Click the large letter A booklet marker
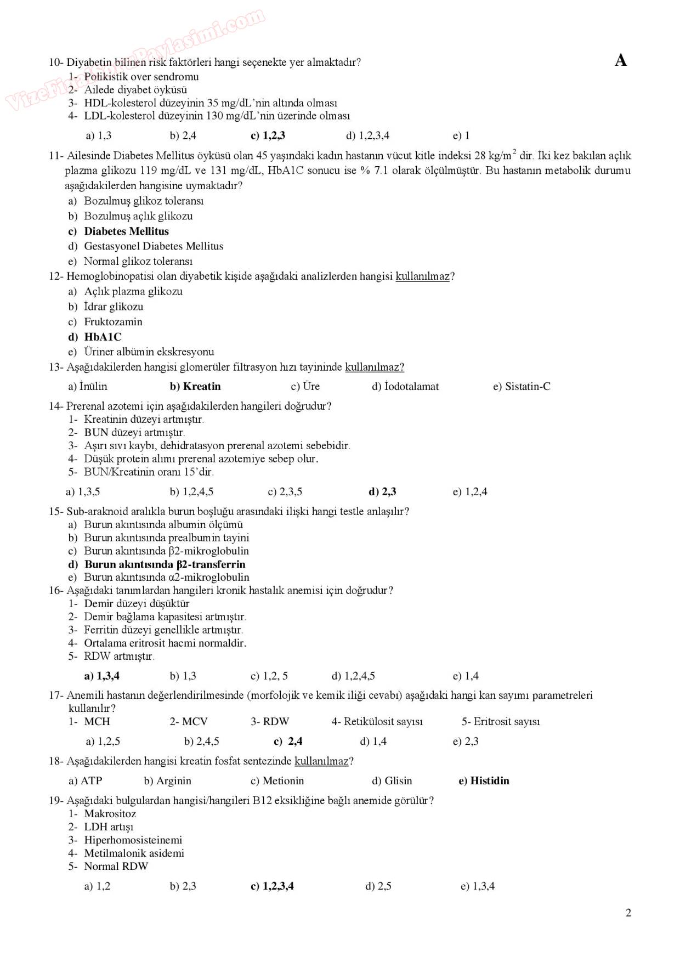tap(621, 60)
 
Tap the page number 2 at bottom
tap(628, 913)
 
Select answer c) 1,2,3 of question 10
tap(268, 135)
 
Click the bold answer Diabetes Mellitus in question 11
tap(126, 231)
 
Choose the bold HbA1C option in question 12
tap(103, 337)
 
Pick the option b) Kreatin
tap(195, 386)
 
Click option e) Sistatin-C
tap(522, 386)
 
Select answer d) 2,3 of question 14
tap(382, 491)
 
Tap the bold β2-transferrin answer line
tap(165, 564)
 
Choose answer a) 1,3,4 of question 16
tap(101, 676)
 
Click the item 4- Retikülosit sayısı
tap(377, 721)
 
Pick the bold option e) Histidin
tap(484, 780)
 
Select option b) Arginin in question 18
tap(167, 780)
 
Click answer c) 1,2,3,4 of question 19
tap(272, 886)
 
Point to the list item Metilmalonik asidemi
tap(134, 853)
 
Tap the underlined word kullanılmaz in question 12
tap(422, 276)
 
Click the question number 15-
tap(56, 511)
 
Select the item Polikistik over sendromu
tap(141, 76)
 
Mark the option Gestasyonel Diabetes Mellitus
tap(154, 246)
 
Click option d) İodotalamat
tap(405, 386)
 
